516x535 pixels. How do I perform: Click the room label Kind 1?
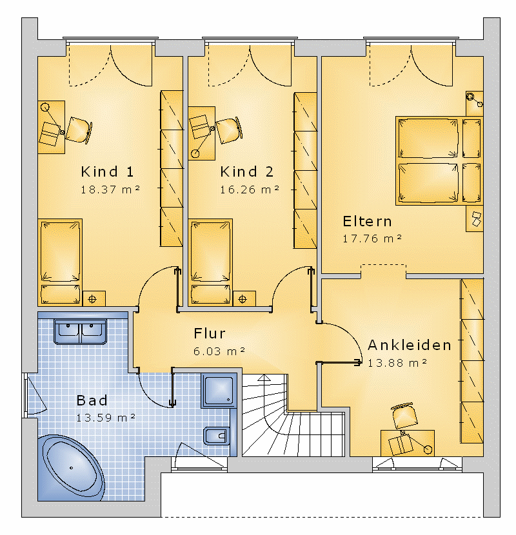(107, 171)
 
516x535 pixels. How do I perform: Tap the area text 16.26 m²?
(250, 190)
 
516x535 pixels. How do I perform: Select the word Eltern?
(367, 222)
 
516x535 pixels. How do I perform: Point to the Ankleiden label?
(410, 345)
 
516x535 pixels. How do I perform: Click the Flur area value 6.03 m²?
(219, 351)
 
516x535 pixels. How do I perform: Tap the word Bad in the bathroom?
(92, 400)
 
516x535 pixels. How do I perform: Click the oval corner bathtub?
(71, 468)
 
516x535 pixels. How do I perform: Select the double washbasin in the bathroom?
(80, 332)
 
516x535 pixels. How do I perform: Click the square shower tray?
(219, 391)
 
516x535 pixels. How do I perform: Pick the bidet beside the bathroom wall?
(217, 436)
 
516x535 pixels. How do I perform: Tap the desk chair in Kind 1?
(79, 130)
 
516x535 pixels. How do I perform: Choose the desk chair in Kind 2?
(229, 131)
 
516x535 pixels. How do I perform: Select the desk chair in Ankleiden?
(404, 416)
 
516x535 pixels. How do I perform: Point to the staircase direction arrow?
(264, 378)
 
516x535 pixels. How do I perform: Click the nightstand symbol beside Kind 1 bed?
(94, 299)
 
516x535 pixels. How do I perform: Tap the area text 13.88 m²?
(397, 363)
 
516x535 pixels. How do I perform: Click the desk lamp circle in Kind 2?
(195, 154)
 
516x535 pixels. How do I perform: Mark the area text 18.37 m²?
(110, 190)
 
